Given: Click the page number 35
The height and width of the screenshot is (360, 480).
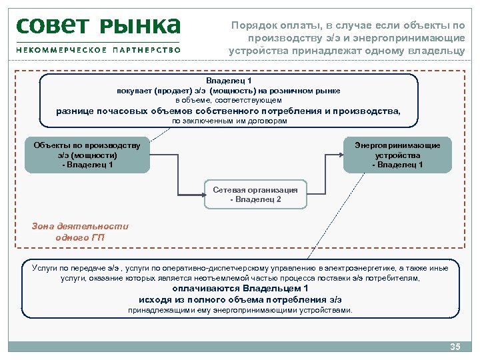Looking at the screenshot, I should click(456, 347).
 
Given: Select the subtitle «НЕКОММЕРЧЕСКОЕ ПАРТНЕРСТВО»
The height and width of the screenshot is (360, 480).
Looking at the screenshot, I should click(98, 49).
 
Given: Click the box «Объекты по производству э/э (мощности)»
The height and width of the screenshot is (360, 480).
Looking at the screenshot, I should click(87, 155).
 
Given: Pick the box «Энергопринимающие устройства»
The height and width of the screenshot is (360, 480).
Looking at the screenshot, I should click(397, 155).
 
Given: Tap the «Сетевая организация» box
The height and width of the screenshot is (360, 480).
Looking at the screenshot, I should click(255, 195).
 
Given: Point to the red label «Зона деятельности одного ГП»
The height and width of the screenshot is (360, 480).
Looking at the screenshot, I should click(80, 231).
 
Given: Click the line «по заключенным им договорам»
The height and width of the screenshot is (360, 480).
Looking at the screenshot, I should click(229, 122).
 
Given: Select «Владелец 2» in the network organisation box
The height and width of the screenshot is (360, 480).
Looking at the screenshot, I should click(255, 199).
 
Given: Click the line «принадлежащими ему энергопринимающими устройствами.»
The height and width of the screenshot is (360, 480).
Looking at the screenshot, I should click(240, 310).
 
